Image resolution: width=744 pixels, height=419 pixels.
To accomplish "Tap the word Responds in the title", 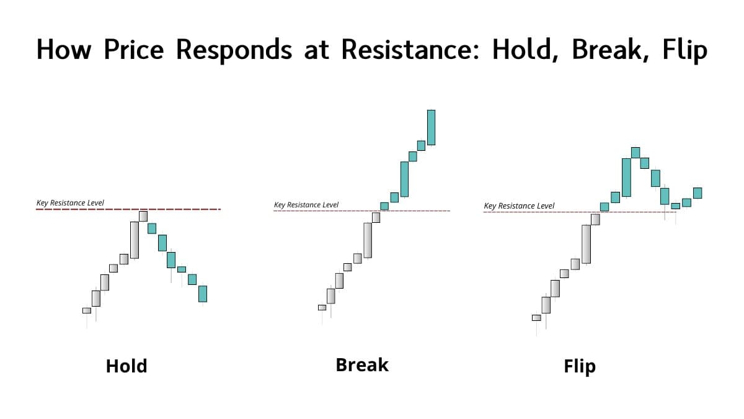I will click(234, 49).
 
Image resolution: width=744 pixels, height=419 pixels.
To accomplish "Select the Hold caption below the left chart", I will click(126, 366).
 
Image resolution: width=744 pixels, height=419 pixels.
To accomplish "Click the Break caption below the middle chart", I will click(362, 364).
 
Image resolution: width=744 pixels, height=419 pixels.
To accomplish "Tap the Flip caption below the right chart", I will click(580, 366).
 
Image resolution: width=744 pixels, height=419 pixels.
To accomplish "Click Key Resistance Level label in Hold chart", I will click(70, 203).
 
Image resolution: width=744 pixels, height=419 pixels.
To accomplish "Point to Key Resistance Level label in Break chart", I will click(306, 205).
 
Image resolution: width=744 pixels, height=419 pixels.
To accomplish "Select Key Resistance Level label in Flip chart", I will click(519, 205).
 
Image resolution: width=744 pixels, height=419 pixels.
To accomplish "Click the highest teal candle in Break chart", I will click(431, 127).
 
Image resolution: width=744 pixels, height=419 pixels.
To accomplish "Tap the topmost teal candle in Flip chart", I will click(635, 152).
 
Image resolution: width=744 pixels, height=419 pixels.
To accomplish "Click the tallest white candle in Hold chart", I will click(135, 240).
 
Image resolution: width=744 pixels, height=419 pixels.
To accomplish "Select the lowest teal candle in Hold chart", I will click(203, 293).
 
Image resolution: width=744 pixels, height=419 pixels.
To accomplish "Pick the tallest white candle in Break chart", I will click(368, 240).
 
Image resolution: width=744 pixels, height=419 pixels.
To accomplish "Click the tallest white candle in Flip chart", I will click(586, 244).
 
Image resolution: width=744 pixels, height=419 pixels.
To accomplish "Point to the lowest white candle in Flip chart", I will click(536, 317).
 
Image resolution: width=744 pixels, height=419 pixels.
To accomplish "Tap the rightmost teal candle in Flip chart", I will click(697, 192).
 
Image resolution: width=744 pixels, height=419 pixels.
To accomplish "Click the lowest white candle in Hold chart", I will click(87, 310).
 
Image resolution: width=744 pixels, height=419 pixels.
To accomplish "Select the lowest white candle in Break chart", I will click(322, 307).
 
